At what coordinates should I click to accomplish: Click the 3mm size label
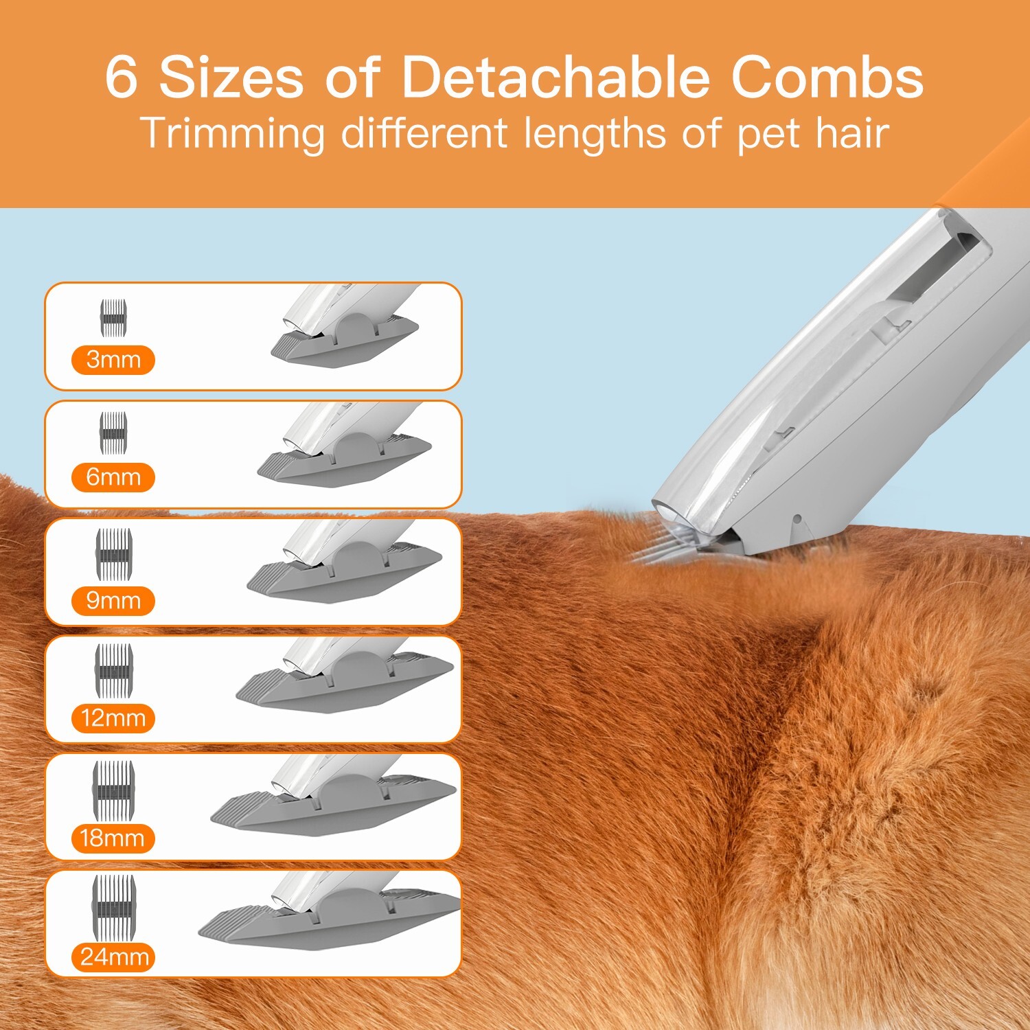(113, 360)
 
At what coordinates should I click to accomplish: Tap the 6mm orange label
(113, 477)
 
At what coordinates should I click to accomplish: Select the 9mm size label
(113, 601)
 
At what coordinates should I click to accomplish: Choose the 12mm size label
(113, 718)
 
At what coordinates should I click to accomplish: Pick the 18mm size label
(113, 838)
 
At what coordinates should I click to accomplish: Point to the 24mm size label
(114, 957)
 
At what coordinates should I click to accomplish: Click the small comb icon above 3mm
(113, 318)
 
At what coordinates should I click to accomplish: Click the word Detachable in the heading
(555, 77)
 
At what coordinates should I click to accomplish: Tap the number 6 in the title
(122, 77)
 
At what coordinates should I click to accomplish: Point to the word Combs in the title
(827, 77)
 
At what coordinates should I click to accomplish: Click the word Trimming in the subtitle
(232, 133)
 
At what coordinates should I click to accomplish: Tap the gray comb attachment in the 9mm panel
(343, 573)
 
